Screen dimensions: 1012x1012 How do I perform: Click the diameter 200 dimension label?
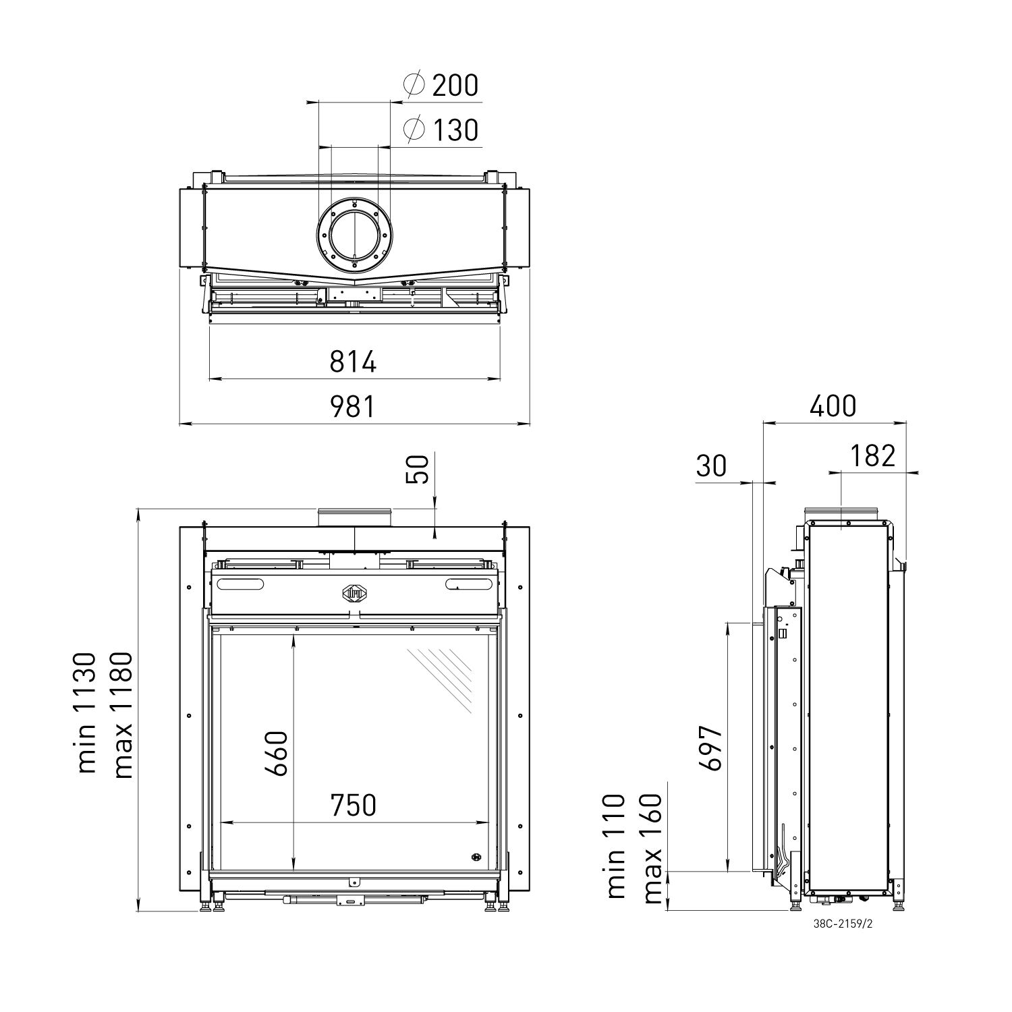pyautogui.click(x=441, y=85)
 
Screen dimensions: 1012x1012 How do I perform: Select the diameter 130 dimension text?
pyautogui.click(x=441, y=130)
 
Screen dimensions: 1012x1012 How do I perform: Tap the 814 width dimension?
pyautogui.click(x=353, y=362)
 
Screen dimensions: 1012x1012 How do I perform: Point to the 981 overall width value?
pyautogui.click(x=353, y=407)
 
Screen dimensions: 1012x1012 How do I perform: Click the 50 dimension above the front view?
pyautogui.click(x=418, y=469)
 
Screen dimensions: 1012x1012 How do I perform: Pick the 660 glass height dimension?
pyautogui.click(x=277, y=753)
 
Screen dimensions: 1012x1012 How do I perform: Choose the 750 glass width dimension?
pyautogui.click(x=353, y=805)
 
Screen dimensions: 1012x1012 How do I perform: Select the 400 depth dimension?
pyautogui.click(x=833, y=406)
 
